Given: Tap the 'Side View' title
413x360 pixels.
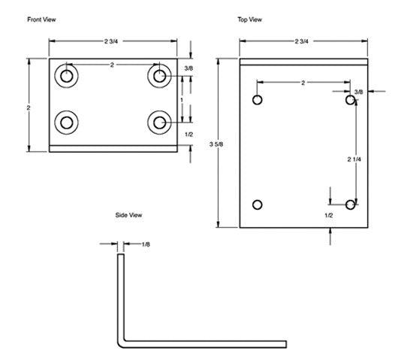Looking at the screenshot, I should (x=128, y=215).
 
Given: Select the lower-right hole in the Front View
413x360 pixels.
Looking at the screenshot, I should (x=158, y=121).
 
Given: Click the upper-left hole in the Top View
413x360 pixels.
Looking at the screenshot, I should (x=258, y=100).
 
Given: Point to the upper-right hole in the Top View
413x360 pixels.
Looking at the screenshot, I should (x=351, y=100).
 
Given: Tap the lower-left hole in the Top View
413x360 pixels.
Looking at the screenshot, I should (x=258, y=204).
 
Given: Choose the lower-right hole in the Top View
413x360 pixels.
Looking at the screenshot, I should (x=351, y=204).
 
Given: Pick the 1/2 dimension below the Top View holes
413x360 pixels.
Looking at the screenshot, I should (x=329, y=216).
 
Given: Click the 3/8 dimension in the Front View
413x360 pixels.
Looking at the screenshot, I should (x=188, y=68).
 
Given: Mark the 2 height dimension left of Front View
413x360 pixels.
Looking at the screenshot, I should (x=29, y=107).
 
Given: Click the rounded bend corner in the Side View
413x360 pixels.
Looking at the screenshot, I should (x=121, y=342).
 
